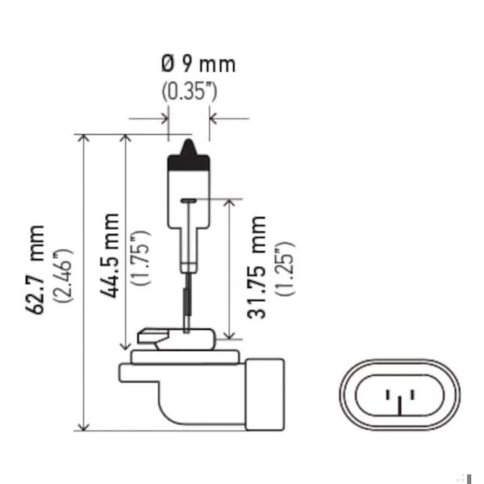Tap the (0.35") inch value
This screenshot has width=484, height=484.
pyautogui.click(x=189, y=90)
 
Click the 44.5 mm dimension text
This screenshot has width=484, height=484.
pyautogui.click(x=111, y=256)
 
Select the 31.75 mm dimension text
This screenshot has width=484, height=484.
pyautogui.click(x=257, y=266)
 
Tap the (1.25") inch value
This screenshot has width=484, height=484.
pyautogui.click(x=285, y=267)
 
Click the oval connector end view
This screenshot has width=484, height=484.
pyautogui.click(x=400, y=394)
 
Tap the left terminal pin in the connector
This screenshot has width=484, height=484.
pyautogui.click(x=388, y=395)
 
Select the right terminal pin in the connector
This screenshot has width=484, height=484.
pyautogui.click(x=412, y=395)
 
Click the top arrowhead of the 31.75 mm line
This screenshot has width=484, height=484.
pyautogui.click(x=231, y=202)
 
